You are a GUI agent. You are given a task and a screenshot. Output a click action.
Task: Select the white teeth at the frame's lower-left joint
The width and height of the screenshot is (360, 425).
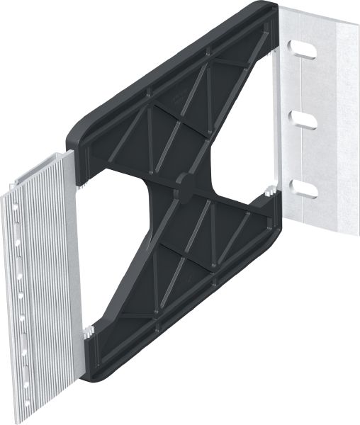pos(89,329)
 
